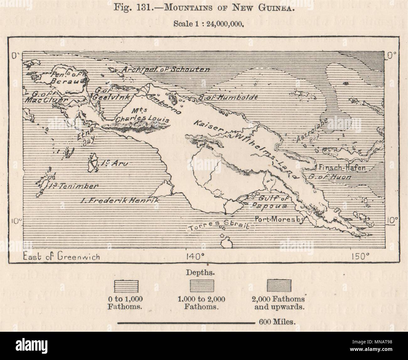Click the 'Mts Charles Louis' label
click(x=142, y=116)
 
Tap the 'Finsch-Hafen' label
click(x=342, y=168)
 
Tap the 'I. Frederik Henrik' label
click(x=120, y=200)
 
